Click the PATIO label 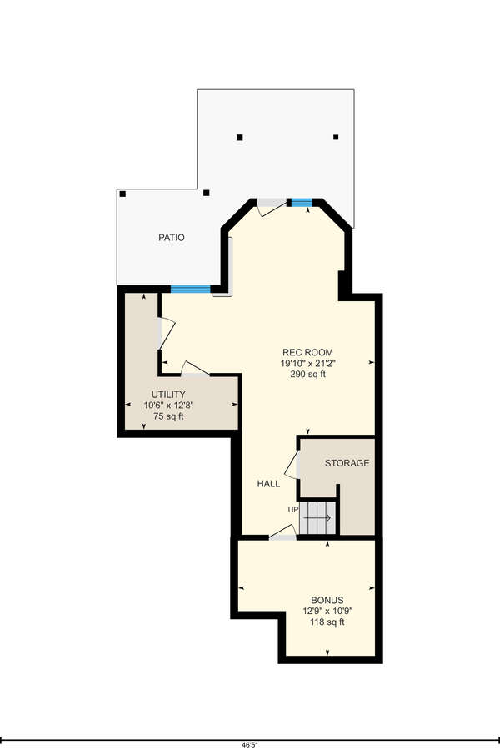[x=172, y=238]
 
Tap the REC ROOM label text [x=307, y=352]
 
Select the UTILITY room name [x=168, y=395]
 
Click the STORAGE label [x=347, y=463]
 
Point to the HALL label [x=268, y=484]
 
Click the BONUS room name [x=327, y=600]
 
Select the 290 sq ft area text [x=307, y=374]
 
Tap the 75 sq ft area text [x=168, y=416]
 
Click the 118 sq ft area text [x=327, y=622]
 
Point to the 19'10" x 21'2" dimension [x=307, y=364]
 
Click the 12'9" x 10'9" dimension [x=327, y=611]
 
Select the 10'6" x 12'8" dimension [x=168, y=406]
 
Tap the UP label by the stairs [x=293, y=510]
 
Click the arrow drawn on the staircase [x=317, y=517]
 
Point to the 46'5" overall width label [x=249, y=745]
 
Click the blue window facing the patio [x=191, y=289]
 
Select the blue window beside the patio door [x=302, y=203]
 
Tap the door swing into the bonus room [x=283, y=532]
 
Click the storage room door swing [x=292, y=465]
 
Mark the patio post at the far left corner [x=123, y=194]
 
